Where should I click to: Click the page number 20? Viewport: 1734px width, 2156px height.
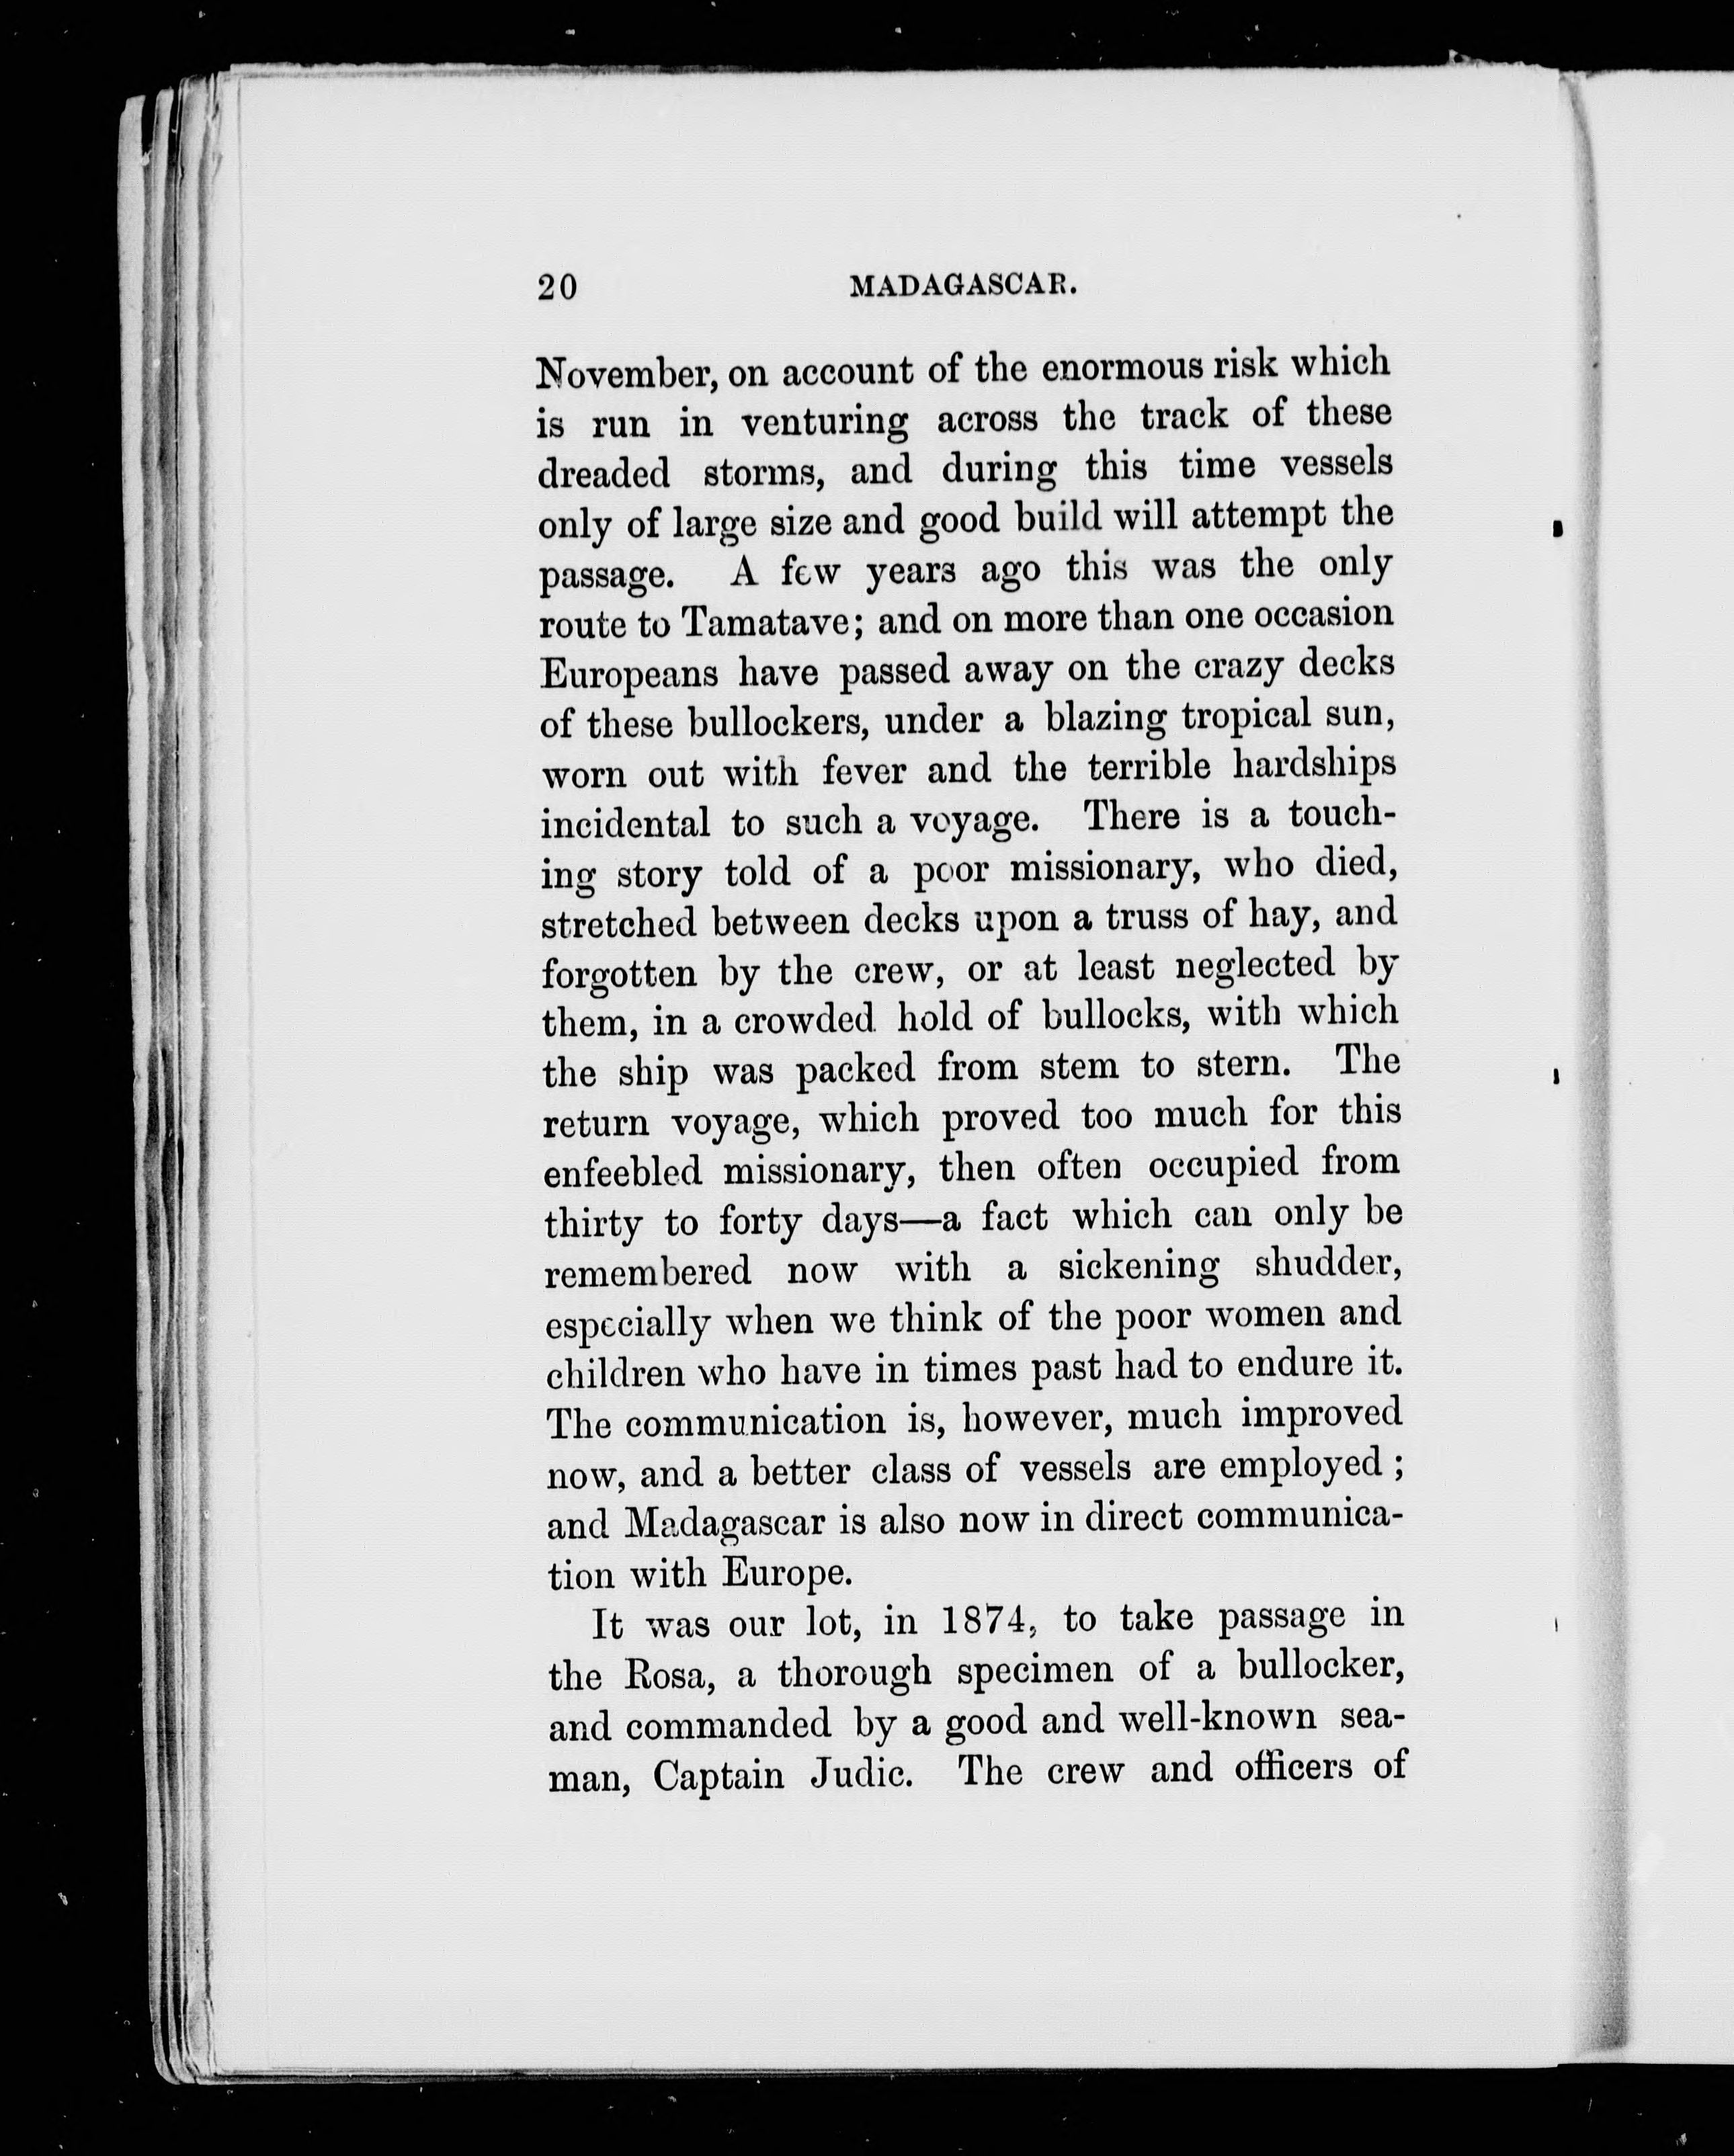tap(557, 288)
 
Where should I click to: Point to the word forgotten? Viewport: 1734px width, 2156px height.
tap(619, 973)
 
